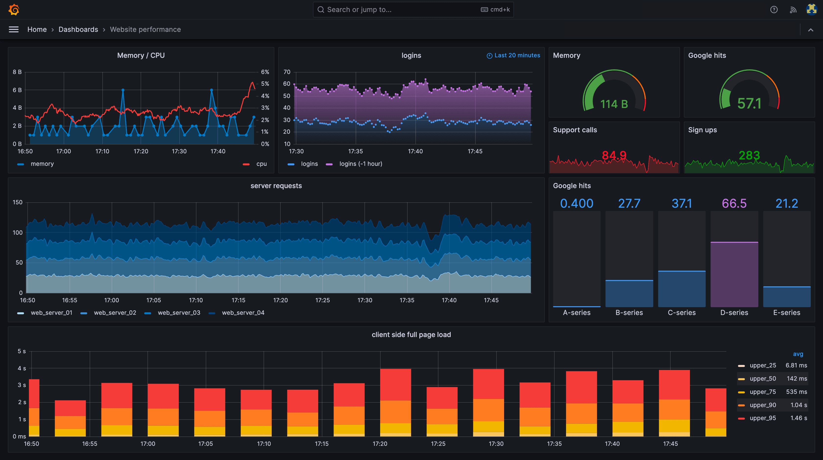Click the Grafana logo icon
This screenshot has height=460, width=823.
click(14, 10)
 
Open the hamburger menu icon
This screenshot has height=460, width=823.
click(13, 29)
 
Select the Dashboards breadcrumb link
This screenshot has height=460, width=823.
click(78, 29)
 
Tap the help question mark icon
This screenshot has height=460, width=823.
click(774, 10)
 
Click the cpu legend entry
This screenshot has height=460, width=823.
click(261, 164)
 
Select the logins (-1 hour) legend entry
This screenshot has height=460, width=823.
click(360, 164)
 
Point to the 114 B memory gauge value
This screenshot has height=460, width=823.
click(614, 104)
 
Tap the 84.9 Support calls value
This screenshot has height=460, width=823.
click(614, 156)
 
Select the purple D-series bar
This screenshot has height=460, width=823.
click(734, 275)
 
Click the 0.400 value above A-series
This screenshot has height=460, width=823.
click(576, 204)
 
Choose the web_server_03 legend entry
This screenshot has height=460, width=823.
click(179, 313)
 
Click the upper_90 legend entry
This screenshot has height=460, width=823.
click(762, 405)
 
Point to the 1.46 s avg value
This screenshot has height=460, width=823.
click(799, 418)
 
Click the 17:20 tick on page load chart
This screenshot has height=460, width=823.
click(380, 444)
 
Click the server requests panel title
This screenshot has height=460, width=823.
click(276, 186)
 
